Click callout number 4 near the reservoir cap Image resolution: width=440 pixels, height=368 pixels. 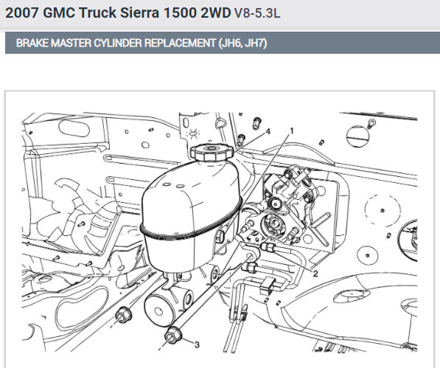[x=268, y=131]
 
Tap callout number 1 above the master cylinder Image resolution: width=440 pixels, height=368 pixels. [x=292, y=131]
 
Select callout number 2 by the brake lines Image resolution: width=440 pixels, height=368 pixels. [x=315, y=274]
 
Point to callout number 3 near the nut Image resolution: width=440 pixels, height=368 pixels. [x=197, y=344]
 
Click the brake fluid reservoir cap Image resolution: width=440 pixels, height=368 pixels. [x=212, y=153]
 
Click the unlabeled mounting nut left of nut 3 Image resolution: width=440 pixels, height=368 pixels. [x=124, y=315]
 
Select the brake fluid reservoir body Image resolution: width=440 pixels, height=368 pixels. [x=191, y=216]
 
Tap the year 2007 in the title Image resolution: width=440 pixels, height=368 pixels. [x=21, y=13]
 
